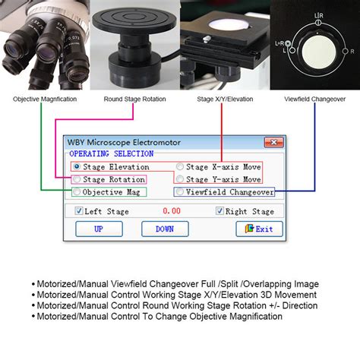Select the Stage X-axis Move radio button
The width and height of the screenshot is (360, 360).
click(180, 166)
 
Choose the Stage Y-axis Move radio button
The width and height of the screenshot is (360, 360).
click(180, 179)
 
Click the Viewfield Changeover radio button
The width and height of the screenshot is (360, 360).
click(180, 192)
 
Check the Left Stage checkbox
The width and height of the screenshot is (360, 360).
click(78, 211)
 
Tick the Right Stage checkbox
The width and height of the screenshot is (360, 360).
click(221, 211)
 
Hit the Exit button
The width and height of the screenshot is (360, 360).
click(259, 229)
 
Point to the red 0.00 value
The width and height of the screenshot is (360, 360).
click(172, 211)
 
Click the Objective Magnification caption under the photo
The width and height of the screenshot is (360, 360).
click(44, 99)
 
